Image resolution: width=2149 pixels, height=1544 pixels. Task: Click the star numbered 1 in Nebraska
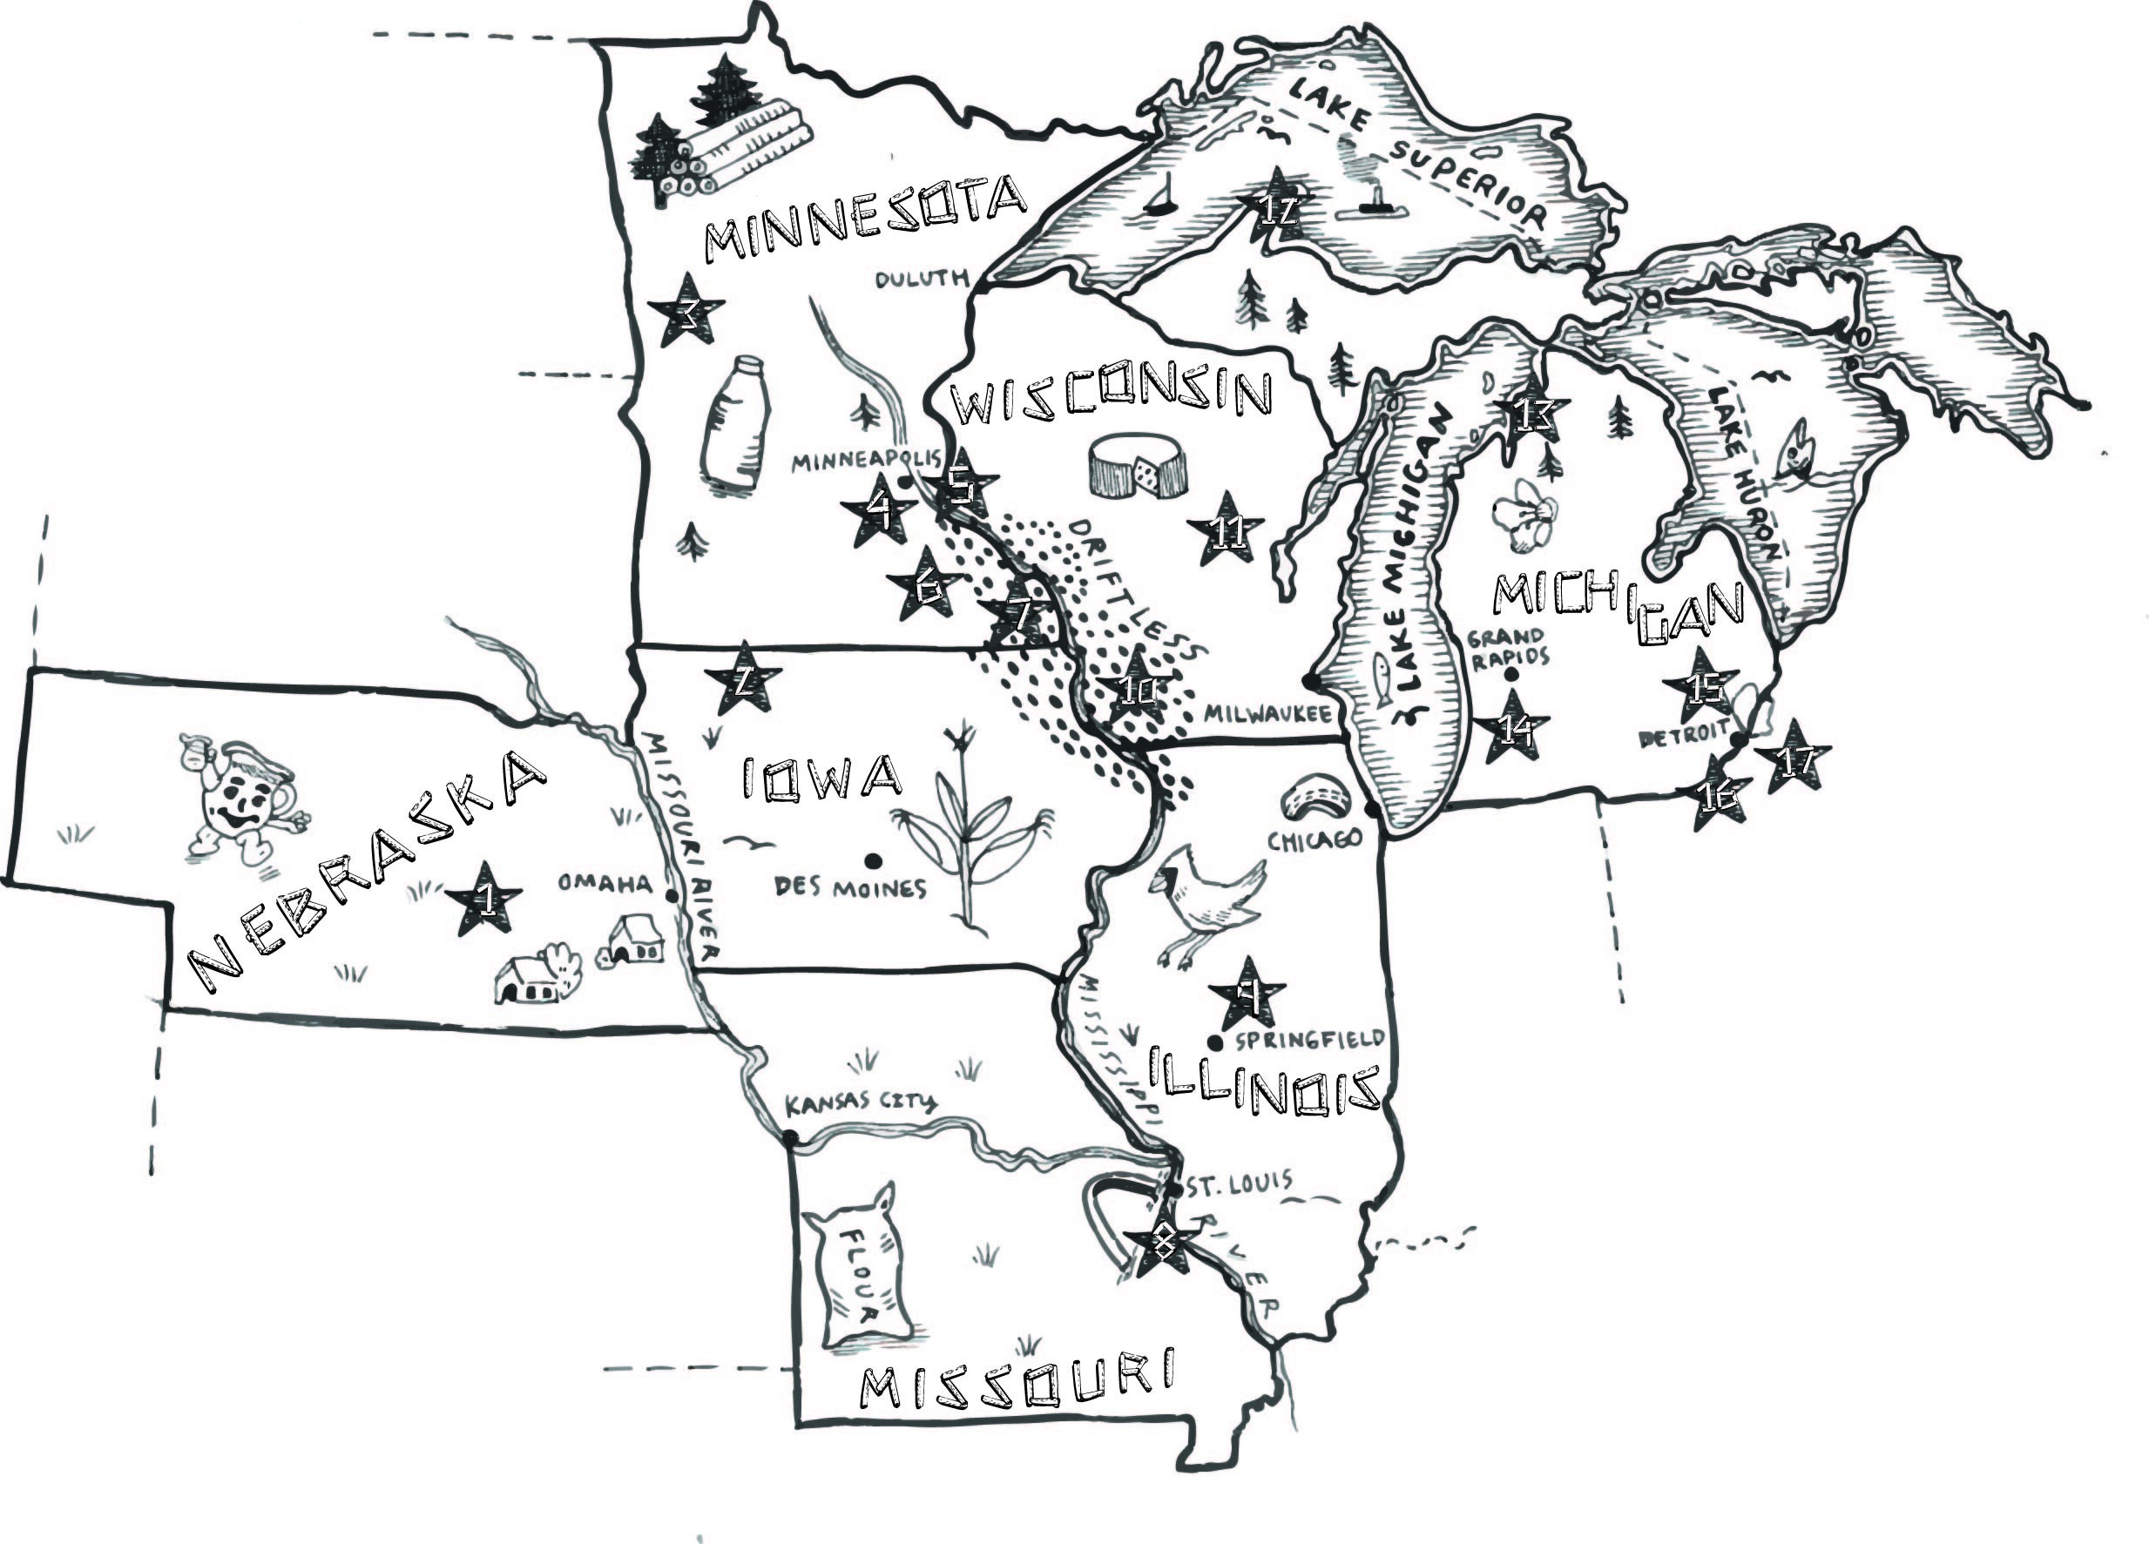(484, 897)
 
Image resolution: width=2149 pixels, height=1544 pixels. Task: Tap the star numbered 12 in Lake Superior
(1276, 206)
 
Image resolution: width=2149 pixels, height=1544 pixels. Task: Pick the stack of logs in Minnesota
(734, 152)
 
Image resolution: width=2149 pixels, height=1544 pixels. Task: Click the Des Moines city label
(850, 887)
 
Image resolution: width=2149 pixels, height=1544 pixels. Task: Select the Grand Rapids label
(1509, 646)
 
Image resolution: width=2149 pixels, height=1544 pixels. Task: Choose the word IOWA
(821, 777)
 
